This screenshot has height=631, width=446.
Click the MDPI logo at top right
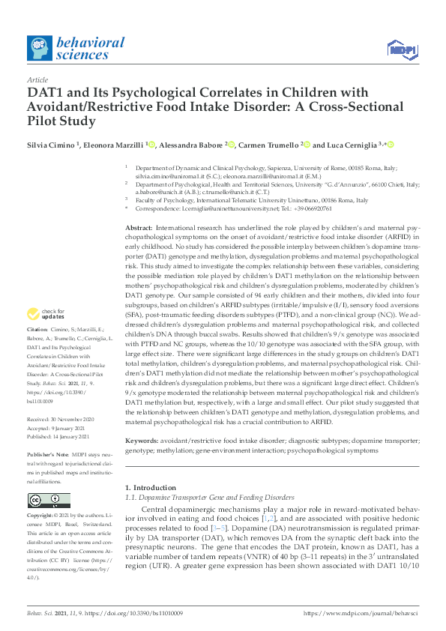click(x=401, y=50)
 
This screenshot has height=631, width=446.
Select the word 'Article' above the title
click(x=37, y=79)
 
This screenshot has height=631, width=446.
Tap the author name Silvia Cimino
click(x=52, y=145)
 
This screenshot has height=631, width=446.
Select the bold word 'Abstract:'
click(x=139, y=227)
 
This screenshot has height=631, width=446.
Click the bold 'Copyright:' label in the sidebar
click(x=40, y=516)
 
